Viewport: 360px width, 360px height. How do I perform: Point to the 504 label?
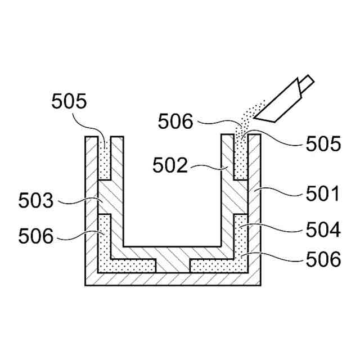pyautogui.click(x=322, y=229)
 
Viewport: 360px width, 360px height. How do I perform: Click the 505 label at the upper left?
pyautogui.click(x=69, y=102)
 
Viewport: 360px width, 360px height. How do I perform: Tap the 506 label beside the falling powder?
pyautogui.click(x=176, y=121)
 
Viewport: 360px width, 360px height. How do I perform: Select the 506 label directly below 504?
pyautogui.click(x=322, y=259)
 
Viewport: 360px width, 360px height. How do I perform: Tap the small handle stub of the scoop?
pyautogui.click(x=307, y=83)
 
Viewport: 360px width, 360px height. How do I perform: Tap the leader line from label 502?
pyautogui.click(x=208, y=167)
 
